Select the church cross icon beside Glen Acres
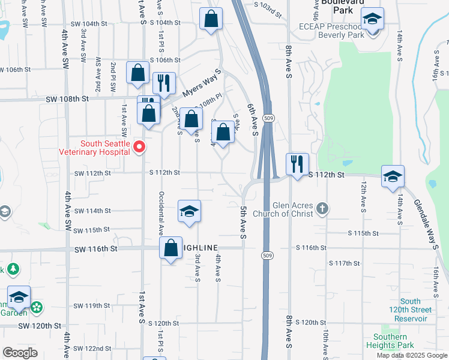(x=322, y=209)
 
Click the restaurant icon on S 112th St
(x=297, y=163)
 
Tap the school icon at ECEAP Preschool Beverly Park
(x=373, y=20)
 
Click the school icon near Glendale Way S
(x=393, y=176)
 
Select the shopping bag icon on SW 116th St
(x=170, y=247)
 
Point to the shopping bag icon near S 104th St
(x=211, y=19)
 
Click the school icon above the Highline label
(x=189, y=212)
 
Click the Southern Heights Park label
(x=390, y=341)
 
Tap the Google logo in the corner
(x=20, y=353)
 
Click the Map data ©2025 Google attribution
(x=412, y=355)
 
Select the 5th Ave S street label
(x=244, y=223)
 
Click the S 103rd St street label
(x=268, y=8)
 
